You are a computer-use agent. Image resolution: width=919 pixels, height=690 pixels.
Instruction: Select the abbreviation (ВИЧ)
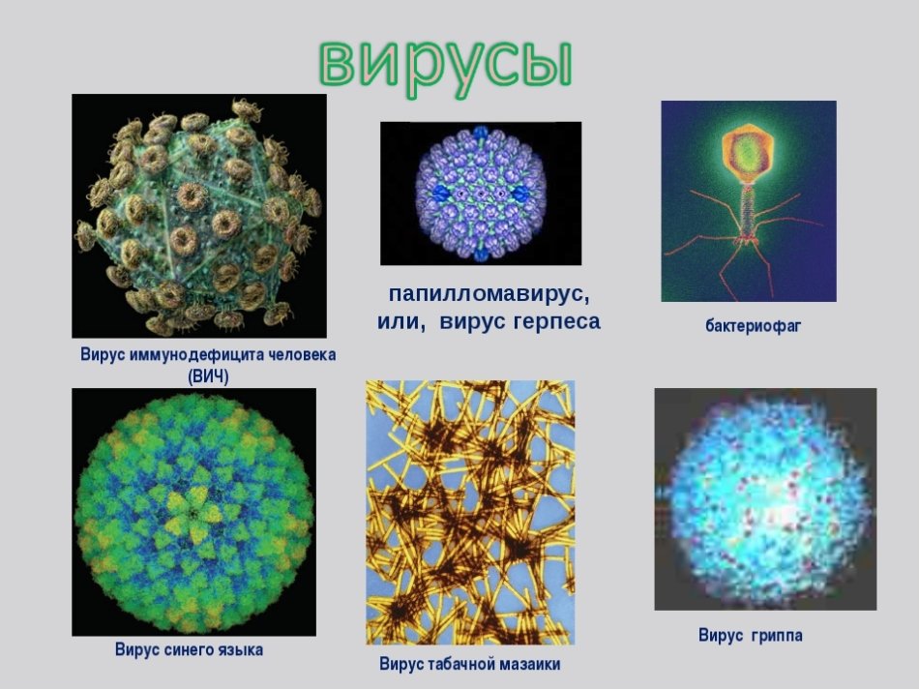coord(208,376)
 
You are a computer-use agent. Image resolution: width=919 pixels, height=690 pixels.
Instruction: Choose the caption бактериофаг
coord(753,325)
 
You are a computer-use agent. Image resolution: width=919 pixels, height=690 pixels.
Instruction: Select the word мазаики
coord(531,664)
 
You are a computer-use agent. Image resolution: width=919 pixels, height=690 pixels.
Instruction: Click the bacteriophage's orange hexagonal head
coord(746,152)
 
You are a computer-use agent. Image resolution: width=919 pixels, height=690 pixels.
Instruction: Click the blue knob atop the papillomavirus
coord(481,133)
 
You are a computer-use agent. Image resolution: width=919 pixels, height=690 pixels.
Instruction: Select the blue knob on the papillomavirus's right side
coord(519,193)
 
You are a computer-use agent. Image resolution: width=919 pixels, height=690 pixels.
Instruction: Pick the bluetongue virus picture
coord(194,512)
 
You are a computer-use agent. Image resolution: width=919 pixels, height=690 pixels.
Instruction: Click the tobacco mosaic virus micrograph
coord(471,512)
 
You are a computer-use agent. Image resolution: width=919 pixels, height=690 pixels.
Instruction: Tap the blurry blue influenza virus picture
coord(765,499)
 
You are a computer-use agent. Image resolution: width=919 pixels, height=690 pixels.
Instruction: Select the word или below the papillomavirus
coord(400,322)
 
